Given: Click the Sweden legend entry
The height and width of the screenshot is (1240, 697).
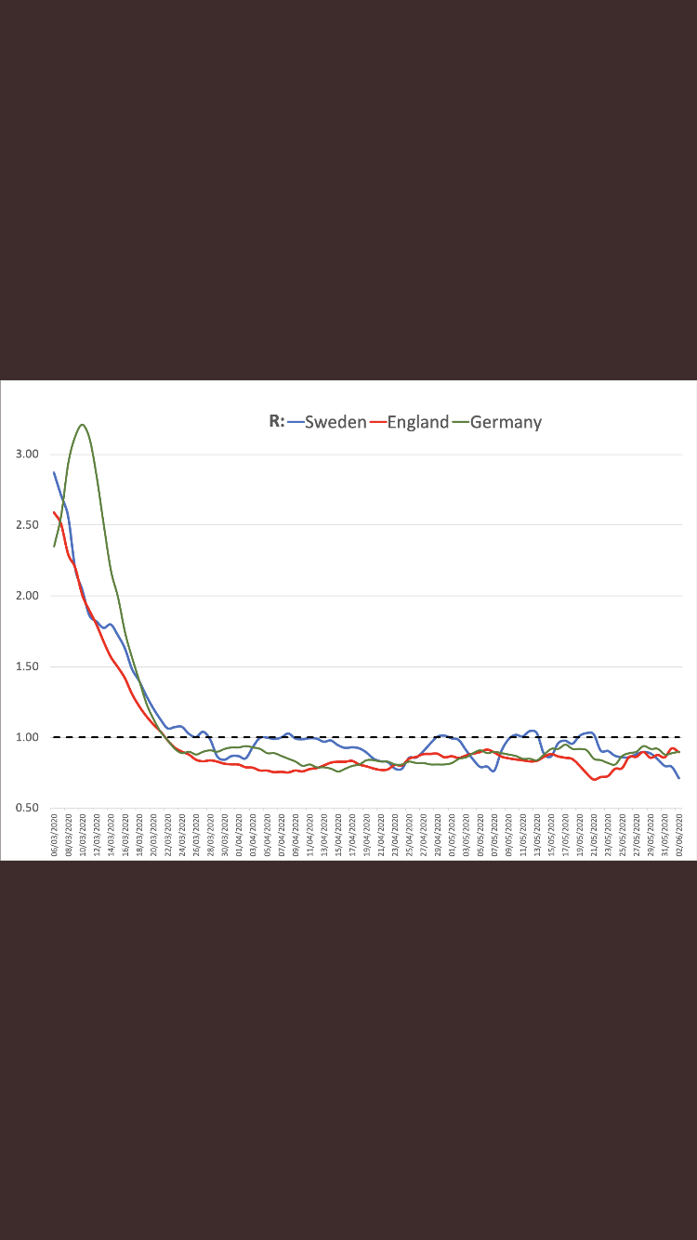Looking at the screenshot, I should tap(335, 422).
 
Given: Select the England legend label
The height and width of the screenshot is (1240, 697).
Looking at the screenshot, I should tap(418, 422).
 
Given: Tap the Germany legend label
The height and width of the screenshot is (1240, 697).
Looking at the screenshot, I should tap(506, 422).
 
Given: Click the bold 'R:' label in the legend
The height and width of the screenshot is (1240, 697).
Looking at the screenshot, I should tap(277, 421).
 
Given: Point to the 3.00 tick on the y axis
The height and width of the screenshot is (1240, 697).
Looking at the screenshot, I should tap(28, 454).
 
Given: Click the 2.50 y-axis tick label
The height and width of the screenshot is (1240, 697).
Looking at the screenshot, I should tap(28, 524).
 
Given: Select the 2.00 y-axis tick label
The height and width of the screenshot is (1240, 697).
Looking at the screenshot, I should tap(28, 596).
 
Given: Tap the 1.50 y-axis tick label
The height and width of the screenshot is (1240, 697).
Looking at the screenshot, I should tap(28, 666).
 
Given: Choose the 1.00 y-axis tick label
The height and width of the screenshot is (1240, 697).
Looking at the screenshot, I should tap(28, 737).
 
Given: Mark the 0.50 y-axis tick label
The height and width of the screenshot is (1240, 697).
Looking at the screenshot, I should tap(28, 808).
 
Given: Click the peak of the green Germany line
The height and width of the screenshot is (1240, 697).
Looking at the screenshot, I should tap(83, 425).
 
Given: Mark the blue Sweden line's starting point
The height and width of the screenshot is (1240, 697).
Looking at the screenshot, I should tap(54, 472).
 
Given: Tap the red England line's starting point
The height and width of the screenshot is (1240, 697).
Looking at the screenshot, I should tap(54, 511).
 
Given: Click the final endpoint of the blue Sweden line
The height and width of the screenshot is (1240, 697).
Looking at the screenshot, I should tap(679, 778).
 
